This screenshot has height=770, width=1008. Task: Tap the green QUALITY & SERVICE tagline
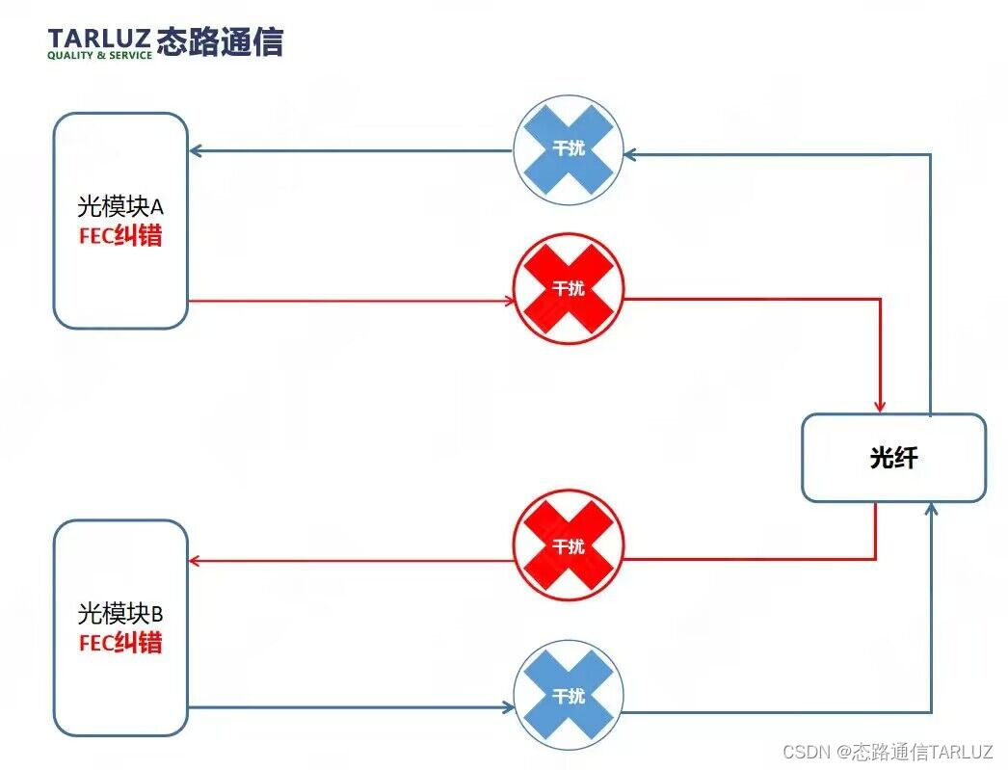(99, 56)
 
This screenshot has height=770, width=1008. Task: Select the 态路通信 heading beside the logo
(220, 41)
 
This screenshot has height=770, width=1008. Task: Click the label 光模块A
(120, 207)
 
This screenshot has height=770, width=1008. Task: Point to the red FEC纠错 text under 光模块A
(120, 235)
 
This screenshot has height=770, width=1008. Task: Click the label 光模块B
(120, 613)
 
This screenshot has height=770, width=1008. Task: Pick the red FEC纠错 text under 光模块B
(120, 642)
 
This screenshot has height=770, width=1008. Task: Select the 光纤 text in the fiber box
(893, 458)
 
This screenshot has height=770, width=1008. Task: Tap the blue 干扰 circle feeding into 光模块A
(568, 150)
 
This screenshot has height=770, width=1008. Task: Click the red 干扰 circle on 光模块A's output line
(568, 288)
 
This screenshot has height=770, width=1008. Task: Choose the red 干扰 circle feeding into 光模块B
(568, 546)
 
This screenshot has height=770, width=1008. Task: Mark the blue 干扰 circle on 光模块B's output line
(568, 696)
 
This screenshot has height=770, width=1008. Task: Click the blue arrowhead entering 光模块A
(195, 150)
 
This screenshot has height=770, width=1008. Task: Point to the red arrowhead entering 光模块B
(195, 561)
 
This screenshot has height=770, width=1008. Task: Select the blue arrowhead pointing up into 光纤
(932, 507)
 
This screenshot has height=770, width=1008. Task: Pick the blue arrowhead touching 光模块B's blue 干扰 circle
(508, 708)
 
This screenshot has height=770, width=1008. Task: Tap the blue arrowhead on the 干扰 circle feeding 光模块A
(629, 153)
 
